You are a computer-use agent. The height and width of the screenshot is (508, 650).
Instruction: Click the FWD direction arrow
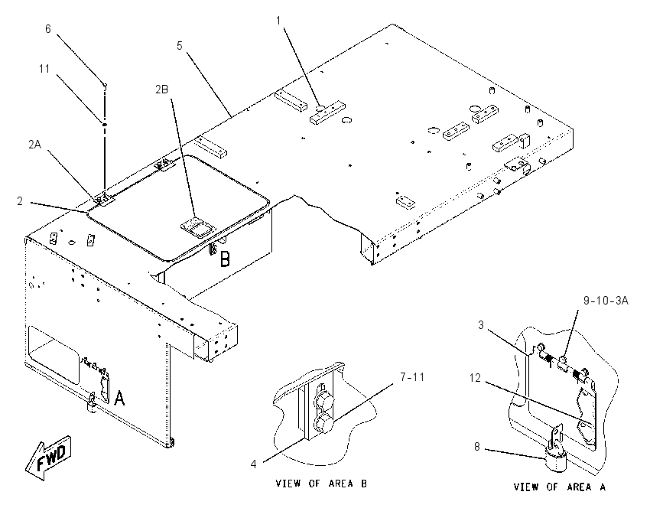[x=47, y=458]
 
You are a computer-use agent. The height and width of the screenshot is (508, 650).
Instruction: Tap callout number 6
[x=48, y=28]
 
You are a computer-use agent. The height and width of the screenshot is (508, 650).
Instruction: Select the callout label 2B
[x=161, y=90]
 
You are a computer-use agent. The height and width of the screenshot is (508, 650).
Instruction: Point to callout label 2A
[x=35, y=145]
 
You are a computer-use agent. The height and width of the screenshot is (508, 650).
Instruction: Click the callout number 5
[x=179, y=46]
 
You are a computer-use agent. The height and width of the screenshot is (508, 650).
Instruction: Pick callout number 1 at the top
[x=278, y=21]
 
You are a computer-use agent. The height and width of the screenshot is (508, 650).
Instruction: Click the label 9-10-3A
[x=606, y=301]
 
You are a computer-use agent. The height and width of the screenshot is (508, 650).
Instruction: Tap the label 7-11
[x=412, y=377]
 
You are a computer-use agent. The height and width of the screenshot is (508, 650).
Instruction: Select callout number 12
[x=475, y=378]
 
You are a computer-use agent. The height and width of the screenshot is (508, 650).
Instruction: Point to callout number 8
[x=476, y=447]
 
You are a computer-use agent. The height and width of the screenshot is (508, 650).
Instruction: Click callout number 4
[x=253, y=464]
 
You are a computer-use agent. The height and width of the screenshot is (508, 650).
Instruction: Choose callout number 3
[x=481, y=324]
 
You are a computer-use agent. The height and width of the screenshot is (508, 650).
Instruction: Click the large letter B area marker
[x=225, y=259]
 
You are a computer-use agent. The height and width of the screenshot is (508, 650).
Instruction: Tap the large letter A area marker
[x=119, y=398]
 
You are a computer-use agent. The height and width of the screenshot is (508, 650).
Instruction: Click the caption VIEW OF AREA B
[x=321, y=483]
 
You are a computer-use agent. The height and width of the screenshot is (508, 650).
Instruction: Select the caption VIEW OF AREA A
[x=560, y=487]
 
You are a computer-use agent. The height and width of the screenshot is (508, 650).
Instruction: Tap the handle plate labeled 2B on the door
[x=198, y=228]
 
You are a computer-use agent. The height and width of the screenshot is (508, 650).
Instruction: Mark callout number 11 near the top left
[x=44, y=68]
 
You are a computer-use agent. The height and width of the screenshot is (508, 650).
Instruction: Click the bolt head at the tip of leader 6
[x=105, y=86]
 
